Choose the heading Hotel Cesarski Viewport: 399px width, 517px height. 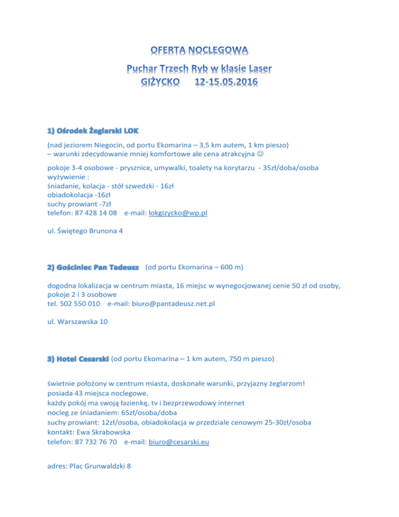pos(77,358)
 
